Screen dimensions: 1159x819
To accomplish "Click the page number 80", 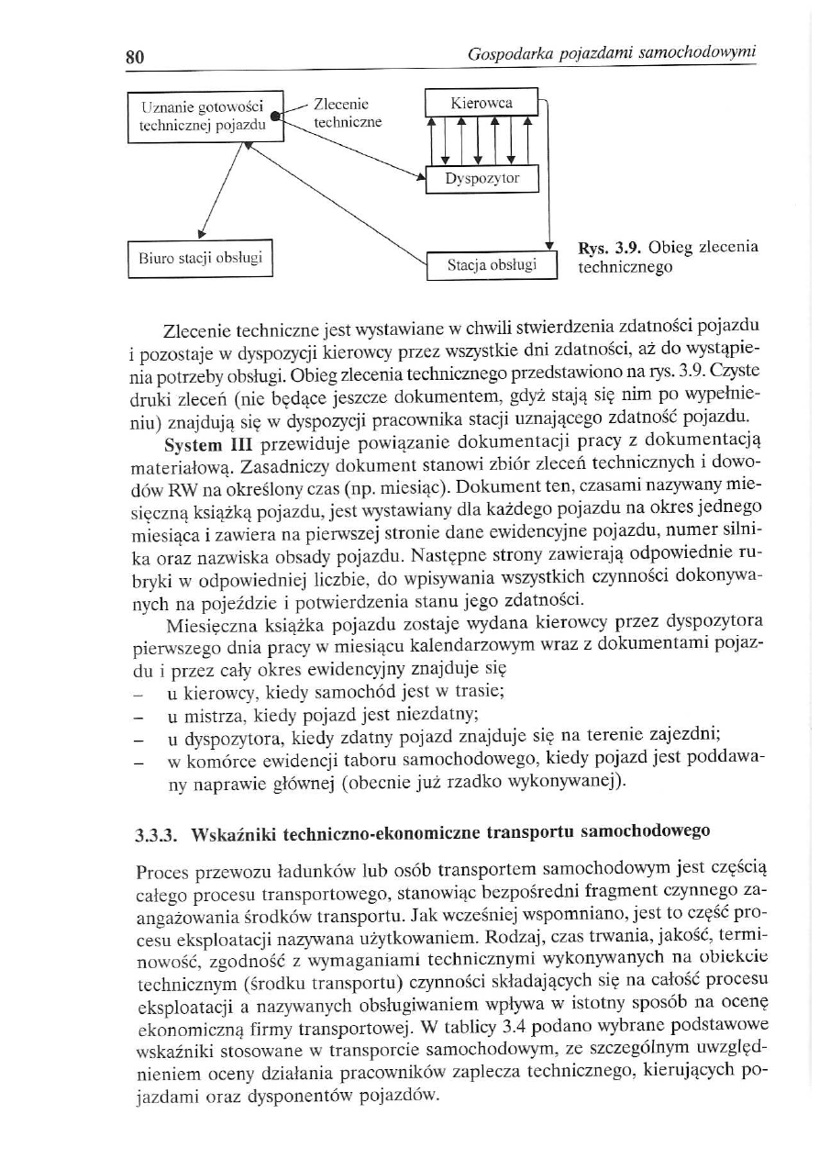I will click(136, 56).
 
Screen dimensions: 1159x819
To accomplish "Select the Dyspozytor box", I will click(481, 179).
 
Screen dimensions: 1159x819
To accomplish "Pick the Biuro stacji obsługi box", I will click(201, 257).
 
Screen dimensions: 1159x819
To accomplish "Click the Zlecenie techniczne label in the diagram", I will click(347, 112).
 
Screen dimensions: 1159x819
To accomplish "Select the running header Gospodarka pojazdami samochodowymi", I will click(611, 55).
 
